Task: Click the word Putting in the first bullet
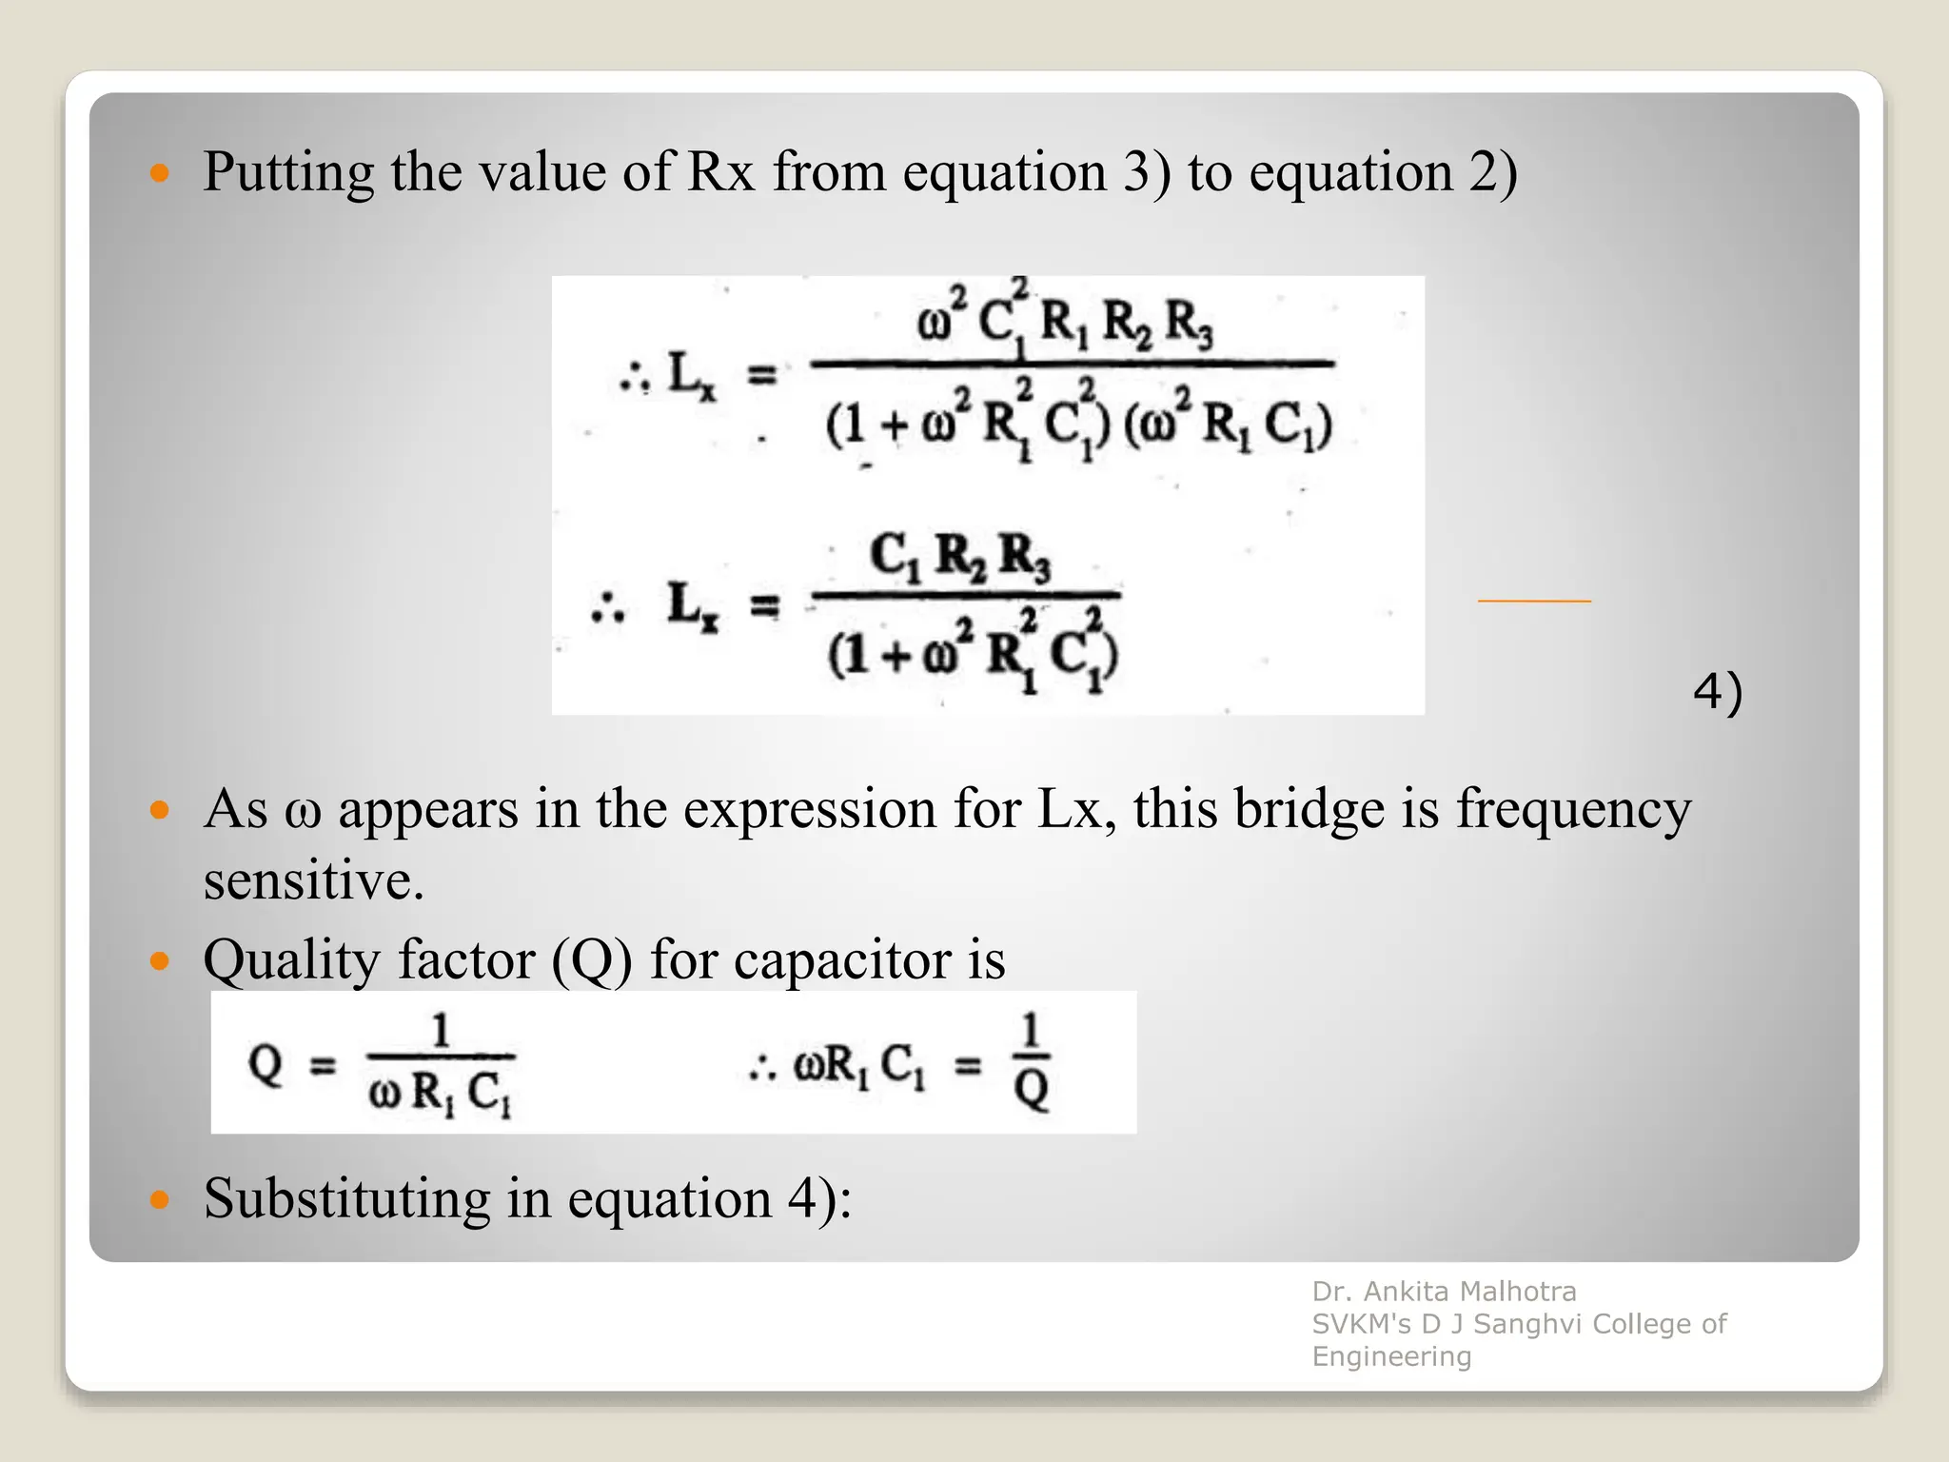288,173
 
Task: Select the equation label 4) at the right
1717,692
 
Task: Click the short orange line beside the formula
1533,601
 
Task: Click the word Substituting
345,1197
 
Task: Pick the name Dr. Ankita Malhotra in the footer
1444,1292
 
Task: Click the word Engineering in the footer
1391,1356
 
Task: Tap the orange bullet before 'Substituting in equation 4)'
160,1199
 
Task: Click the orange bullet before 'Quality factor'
160,960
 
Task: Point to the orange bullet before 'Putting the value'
160,173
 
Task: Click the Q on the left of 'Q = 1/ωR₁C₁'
266,1063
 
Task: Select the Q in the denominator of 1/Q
1031,1089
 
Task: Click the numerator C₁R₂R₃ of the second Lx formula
959,556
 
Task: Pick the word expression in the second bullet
809,810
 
